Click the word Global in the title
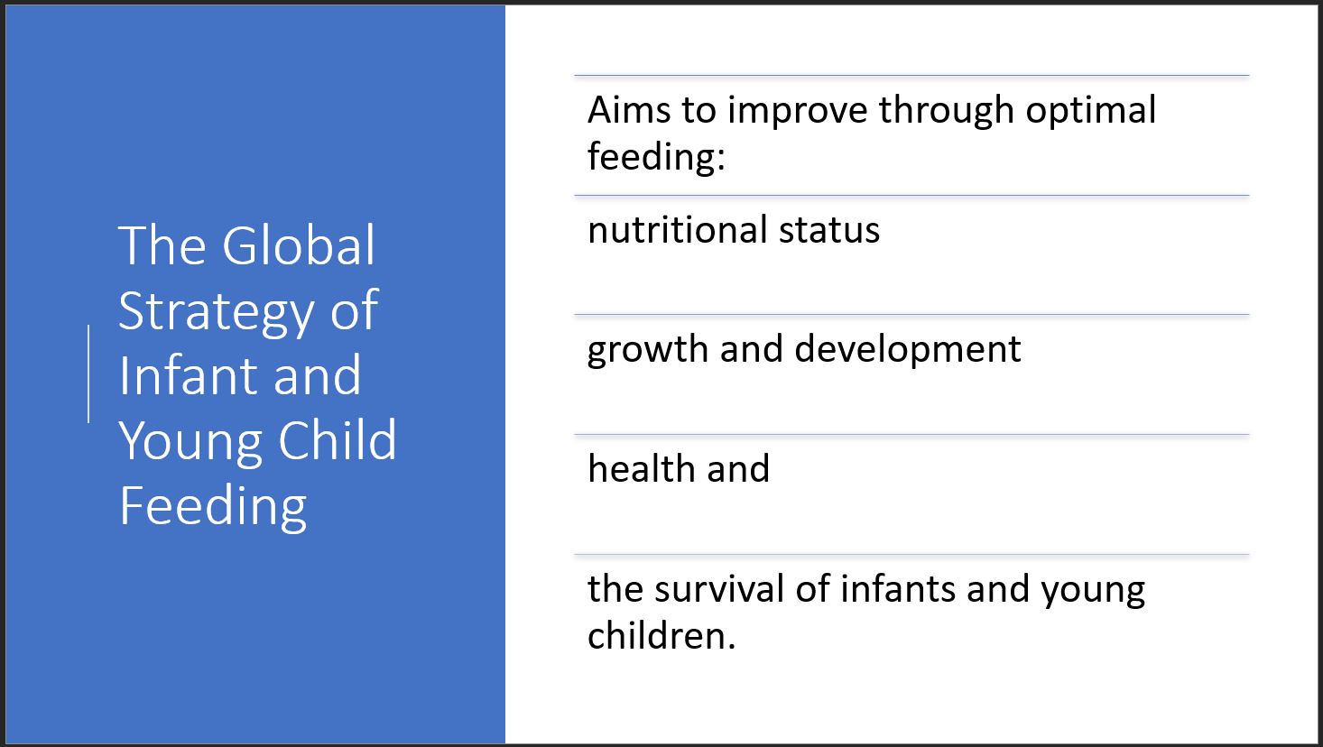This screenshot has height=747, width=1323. [299, 245]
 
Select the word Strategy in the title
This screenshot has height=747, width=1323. [217, 314]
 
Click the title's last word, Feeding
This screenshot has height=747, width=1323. [213, 508]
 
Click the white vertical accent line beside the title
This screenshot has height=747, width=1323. [88, 373]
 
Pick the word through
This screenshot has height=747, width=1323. [946, 112]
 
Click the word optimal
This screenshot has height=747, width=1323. [1091, 112]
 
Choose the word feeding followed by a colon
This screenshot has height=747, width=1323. [656, 158]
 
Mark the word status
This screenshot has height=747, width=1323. [829, 230]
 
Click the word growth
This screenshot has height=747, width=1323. [647, 351]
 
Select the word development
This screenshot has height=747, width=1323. [908, 351]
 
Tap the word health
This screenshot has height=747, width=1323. [641, 469]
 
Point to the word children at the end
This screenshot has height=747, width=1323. [661, 637]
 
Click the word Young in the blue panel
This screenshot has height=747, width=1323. [190, 442]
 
